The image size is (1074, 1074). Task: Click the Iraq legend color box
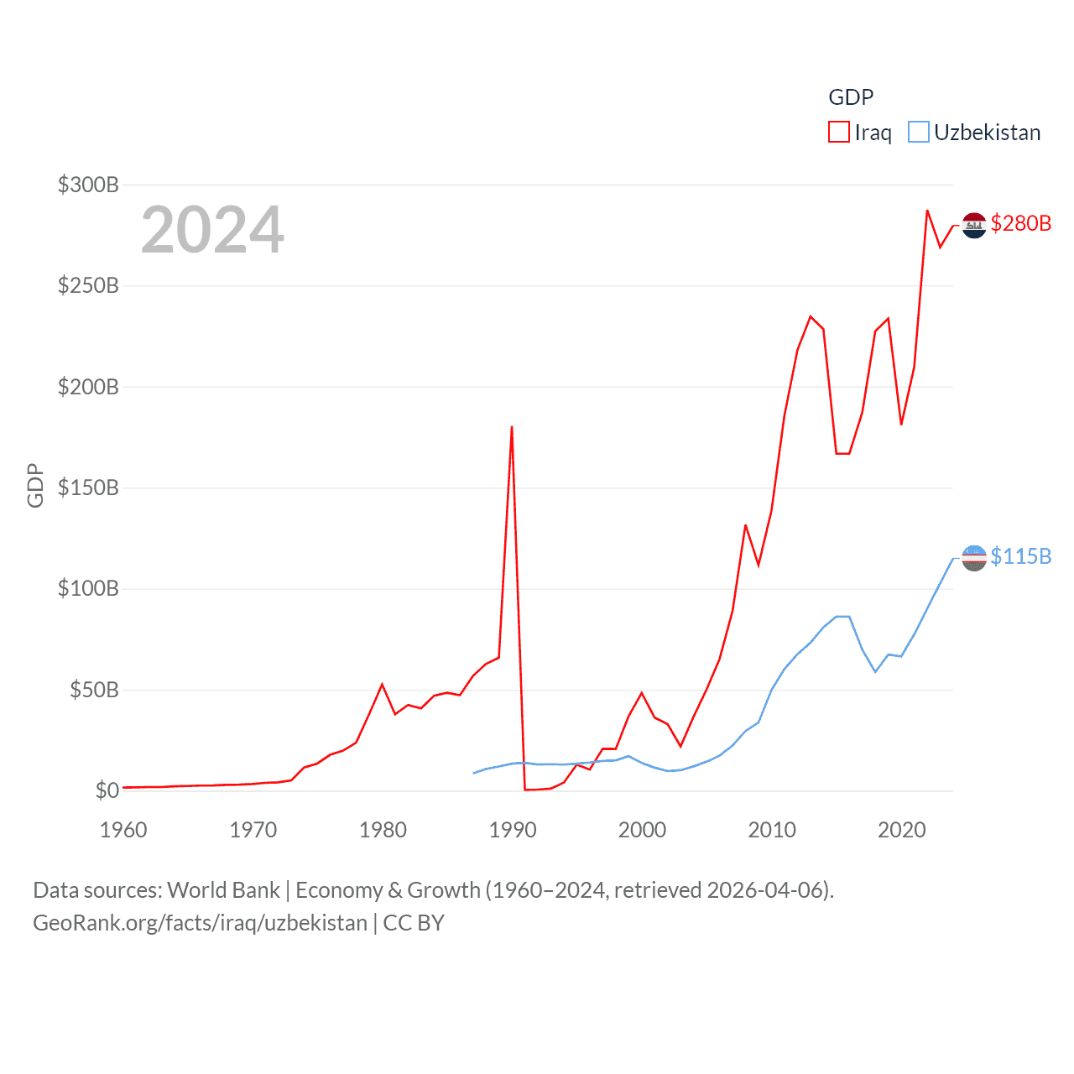tap(838, 133)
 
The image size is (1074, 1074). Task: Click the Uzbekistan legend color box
tap(919, 133)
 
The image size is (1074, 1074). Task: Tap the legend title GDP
tap(851, 97)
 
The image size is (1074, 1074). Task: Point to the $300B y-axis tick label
tap(88, 185)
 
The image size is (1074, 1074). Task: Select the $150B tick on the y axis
tap(88, 487)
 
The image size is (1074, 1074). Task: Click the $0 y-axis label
tap(107, 790)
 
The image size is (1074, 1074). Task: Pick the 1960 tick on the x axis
tap(123, 830)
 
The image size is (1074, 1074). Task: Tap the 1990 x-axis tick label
tap(512, 830)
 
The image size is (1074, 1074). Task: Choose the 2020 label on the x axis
tap(901, 830)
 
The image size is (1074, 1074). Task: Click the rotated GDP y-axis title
tap(35, 485)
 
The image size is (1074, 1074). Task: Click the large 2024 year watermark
tap(212, 230)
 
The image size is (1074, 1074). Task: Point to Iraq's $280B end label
tap(1020, 223)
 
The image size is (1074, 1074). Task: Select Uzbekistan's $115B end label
tap(1020, 556)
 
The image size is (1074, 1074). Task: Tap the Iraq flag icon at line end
tap(974, 225)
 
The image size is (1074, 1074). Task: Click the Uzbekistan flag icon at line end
tap(974, 558)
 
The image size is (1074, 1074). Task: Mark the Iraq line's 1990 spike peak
tap(512, 427)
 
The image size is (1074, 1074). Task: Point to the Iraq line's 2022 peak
tap(927, 211)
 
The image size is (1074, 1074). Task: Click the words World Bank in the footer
tap(223, 889)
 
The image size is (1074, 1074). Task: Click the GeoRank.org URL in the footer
tap(200, 923)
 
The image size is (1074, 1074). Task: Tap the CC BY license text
tap(414, 923)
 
